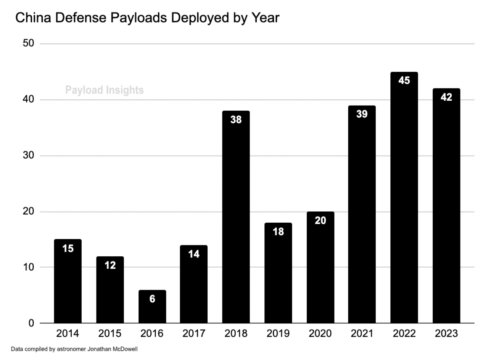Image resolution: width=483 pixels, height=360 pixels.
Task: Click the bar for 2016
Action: tap(152, 307)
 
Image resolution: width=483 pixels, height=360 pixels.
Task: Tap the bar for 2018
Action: tap(236, 217)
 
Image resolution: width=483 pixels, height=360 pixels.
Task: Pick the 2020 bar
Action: tap(320, 267)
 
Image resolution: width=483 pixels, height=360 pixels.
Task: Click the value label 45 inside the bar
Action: tap(404, 81)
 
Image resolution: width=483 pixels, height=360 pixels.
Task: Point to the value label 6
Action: tap(152, 299)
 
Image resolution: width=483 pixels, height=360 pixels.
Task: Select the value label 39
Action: tap(362, 114)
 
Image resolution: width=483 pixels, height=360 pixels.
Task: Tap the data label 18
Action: tap(278, 231)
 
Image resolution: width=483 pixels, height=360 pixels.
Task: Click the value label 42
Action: tap(446, 97)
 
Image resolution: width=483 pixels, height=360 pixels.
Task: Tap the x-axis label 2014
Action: tap(68, 334)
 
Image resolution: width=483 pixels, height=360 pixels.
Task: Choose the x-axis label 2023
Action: tap(446, 334)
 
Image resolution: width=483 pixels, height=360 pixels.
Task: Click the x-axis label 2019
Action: tap(278, 334)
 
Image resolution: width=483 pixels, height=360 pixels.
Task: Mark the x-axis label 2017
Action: tap(194, 334)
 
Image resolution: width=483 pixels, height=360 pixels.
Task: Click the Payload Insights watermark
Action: tap(105, 90)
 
